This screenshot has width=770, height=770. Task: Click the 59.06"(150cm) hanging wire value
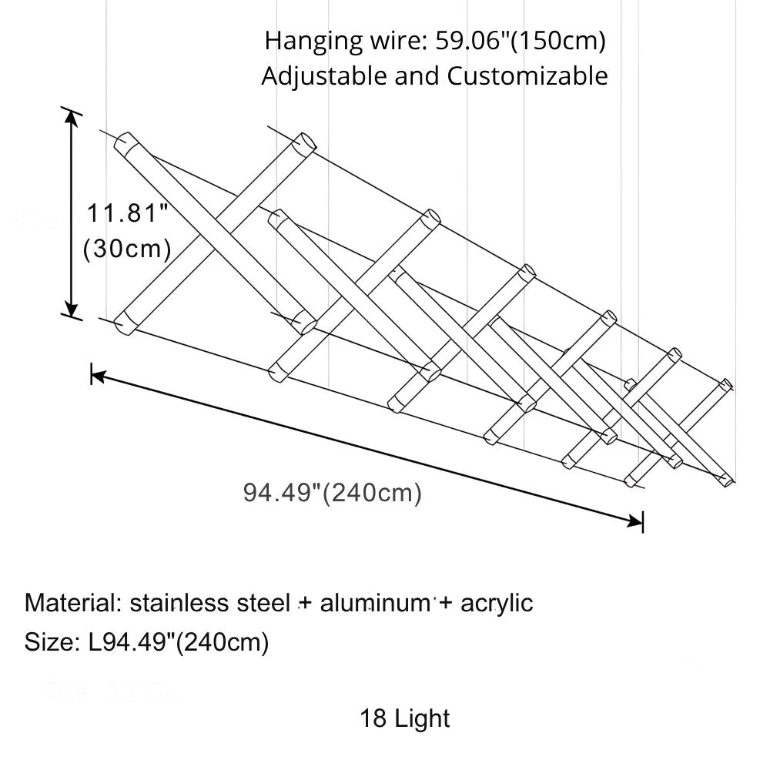coord(521,40)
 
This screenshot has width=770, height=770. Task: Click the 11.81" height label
coord(126,213)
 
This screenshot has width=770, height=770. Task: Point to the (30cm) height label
coord(126,249)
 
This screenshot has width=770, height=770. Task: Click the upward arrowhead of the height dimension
coord(72,117)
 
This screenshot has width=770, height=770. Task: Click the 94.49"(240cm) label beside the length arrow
coord(333,493)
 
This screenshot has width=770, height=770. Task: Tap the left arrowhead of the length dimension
coord(97,375)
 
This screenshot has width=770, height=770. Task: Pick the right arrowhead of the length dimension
coord(637,521)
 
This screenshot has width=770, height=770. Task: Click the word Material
coord(69,601)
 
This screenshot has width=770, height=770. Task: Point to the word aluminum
coord(374,601)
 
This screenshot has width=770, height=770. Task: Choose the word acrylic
coord(497,601)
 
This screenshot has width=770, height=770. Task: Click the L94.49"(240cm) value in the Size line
coord(179,641)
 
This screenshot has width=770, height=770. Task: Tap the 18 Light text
coord(404,718)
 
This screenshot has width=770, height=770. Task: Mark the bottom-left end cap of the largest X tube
coord(124,323)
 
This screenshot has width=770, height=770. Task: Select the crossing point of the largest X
coord(215,231)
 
